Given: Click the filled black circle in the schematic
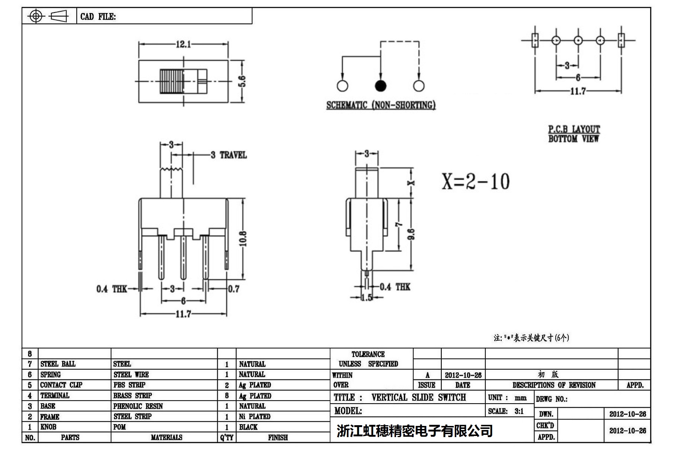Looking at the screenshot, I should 380,86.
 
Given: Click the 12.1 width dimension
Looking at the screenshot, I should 183,44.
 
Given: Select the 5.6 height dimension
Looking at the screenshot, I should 242,81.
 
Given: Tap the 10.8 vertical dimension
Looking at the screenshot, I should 243,238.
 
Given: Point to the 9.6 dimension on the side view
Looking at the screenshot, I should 411,234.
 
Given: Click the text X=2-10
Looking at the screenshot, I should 475,182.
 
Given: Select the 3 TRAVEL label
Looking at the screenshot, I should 229,155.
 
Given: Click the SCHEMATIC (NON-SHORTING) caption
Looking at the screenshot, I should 381,105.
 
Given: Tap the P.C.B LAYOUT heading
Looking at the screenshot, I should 574,129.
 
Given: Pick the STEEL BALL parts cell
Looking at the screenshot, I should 58,364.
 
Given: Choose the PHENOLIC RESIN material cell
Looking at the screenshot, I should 138,406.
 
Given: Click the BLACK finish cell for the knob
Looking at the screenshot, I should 248,427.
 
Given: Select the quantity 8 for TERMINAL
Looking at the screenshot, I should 227,396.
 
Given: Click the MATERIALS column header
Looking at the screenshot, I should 166,437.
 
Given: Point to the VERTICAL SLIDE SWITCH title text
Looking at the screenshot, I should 418,397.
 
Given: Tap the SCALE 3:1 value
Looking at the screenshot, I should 519,411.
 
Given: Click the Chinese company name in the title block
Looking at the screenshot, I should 415,431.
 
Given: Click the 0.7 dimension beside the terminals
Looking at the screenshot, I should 233,289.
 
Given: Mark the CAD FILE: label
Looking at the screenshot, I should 98,17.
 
